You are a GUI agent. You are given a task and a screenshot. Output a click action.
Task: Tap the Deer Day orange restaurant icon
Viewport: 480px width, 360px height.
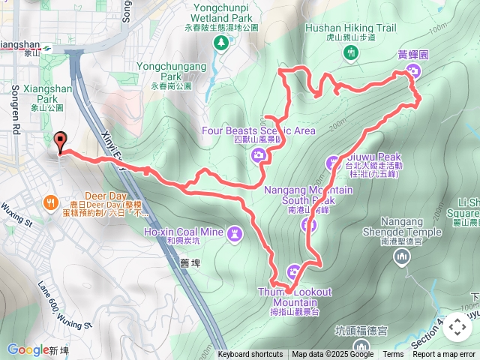51,202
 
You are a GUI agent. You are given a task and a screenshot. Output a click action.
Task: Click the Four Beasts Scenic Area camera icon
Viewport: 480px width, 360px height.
259,155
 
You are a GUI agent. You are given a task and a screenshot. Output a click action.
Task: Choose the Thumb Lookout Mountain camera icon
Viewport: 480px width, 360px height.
294,271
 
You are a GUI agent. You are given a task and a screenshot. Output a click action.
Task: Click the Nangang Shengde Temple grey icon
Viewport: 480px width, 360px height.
402,257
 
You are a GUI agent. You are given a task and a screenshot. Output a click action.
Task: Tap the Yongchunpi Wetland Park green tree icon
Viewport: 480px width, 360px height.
221,42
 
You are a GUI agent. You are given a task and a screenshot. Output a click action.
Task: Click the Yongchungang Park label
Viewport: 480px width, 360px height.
171,71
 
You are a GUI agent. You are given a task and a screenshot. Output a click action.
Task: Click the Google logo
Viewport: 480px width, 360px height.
28,349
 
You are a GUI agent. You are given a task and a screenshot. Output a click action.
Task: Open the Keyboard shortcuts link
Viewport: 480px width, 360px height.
250,355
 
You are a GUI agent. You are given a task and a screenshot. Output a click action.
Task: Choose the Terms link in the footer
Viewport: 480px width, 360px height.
393,355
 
